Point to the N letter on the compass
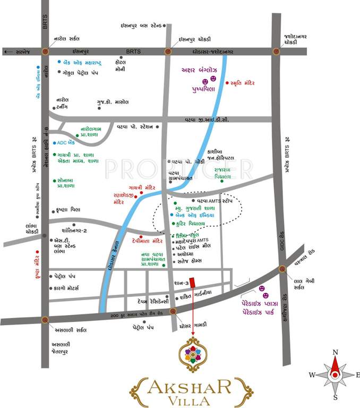(335, 352)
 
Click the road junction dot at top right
(276, 52)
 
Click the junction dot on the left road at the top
(45, 52)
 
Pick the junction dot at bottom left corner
(45, 320)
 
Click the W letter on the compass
(312, 375)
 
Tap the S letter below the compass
(335, 397)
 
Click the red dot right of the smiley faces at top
(226, 83)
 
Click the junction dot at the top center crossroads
(168, 52)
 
